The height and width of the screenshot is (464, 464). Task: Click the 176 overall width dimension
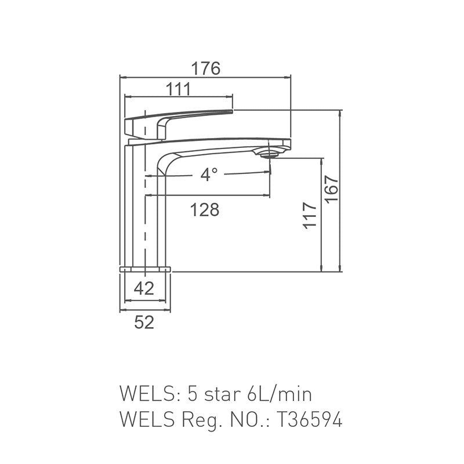coord(206,68)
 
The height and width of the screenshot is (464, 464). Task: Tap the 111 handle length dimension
coord(178,89)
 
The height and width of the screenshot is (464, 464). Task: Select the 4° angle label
coord(208,175)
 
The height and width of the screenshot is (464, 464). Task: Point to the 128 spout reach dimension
coord(205,209)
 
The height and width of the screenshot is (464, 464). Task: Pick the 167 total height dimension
coord(331,189)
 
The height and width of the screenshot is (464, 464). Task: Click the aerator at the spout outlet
coord(270,154)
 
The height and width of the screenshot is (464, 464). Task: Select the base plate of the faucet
coord(146,269)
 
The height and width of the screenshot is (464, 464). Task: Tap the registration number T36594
coord(309,419)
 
